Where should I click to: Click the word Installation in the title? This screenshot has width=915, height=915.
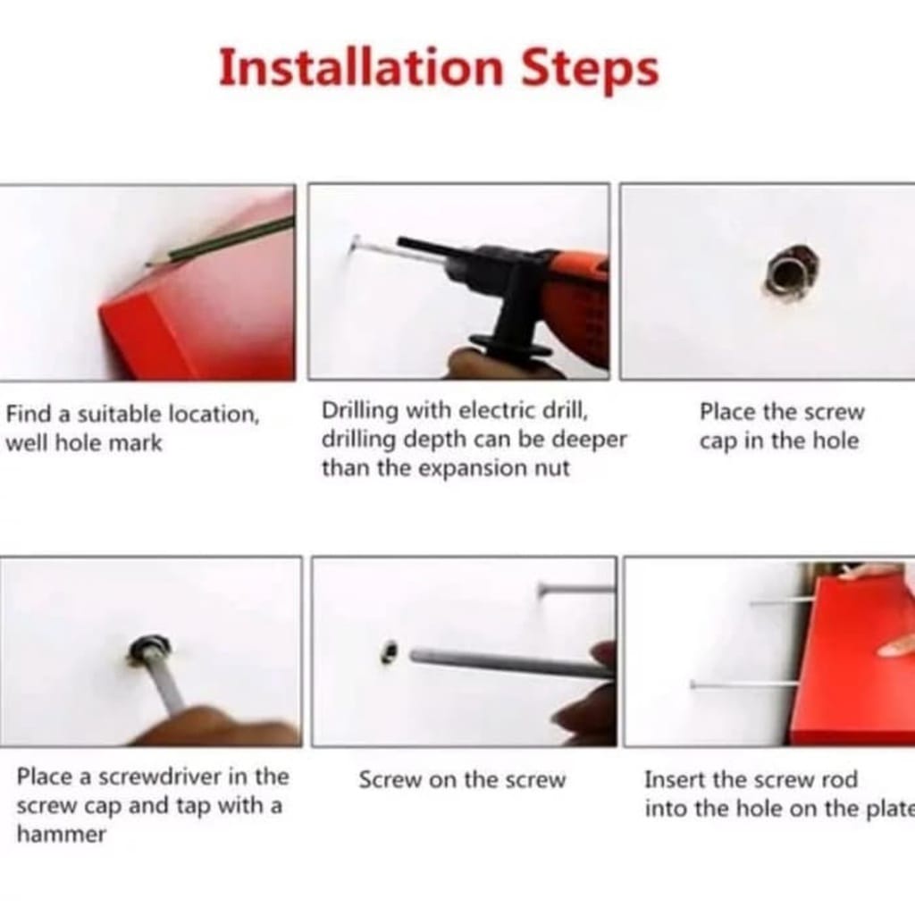(x=361, y=68)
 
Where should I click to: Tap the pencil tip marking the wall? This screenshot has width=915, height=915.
(x=148, y=264)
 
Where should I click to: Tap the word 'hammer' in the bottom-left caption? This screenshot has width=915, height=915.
(x=62, y=835)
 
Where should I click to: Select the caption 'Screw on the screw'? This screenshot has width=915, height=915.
(x=462, y=780)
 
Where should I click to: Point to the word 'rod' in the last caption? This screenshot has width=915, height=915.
(x=839, y=779)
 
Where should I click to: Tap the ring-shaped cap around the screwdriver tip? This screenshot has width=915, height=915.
(x=150, y=649)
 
